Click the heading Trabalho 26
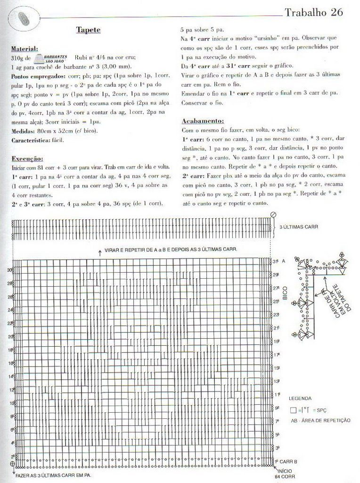(x=313, y=12)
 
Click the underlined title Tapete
(x=88, y=30)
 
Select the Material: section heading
(x=25, y=49)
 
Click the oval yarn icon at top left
(x=23, y=18)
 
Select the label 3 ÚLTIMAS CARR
(x=299, y=227)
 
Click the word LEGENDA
(x=300, y=399)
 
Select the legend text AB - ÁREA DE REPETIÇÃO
(x=320, y=420)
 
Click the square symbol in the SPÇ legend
(x=293, y=409)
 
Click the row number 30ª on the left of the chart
(x=9, y=270)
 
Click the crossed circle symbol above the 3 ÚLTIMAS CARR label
(x=272, y=215)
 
